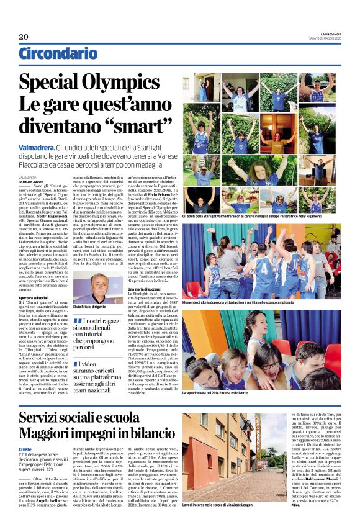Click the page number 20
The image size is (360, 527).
[24, 37]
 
